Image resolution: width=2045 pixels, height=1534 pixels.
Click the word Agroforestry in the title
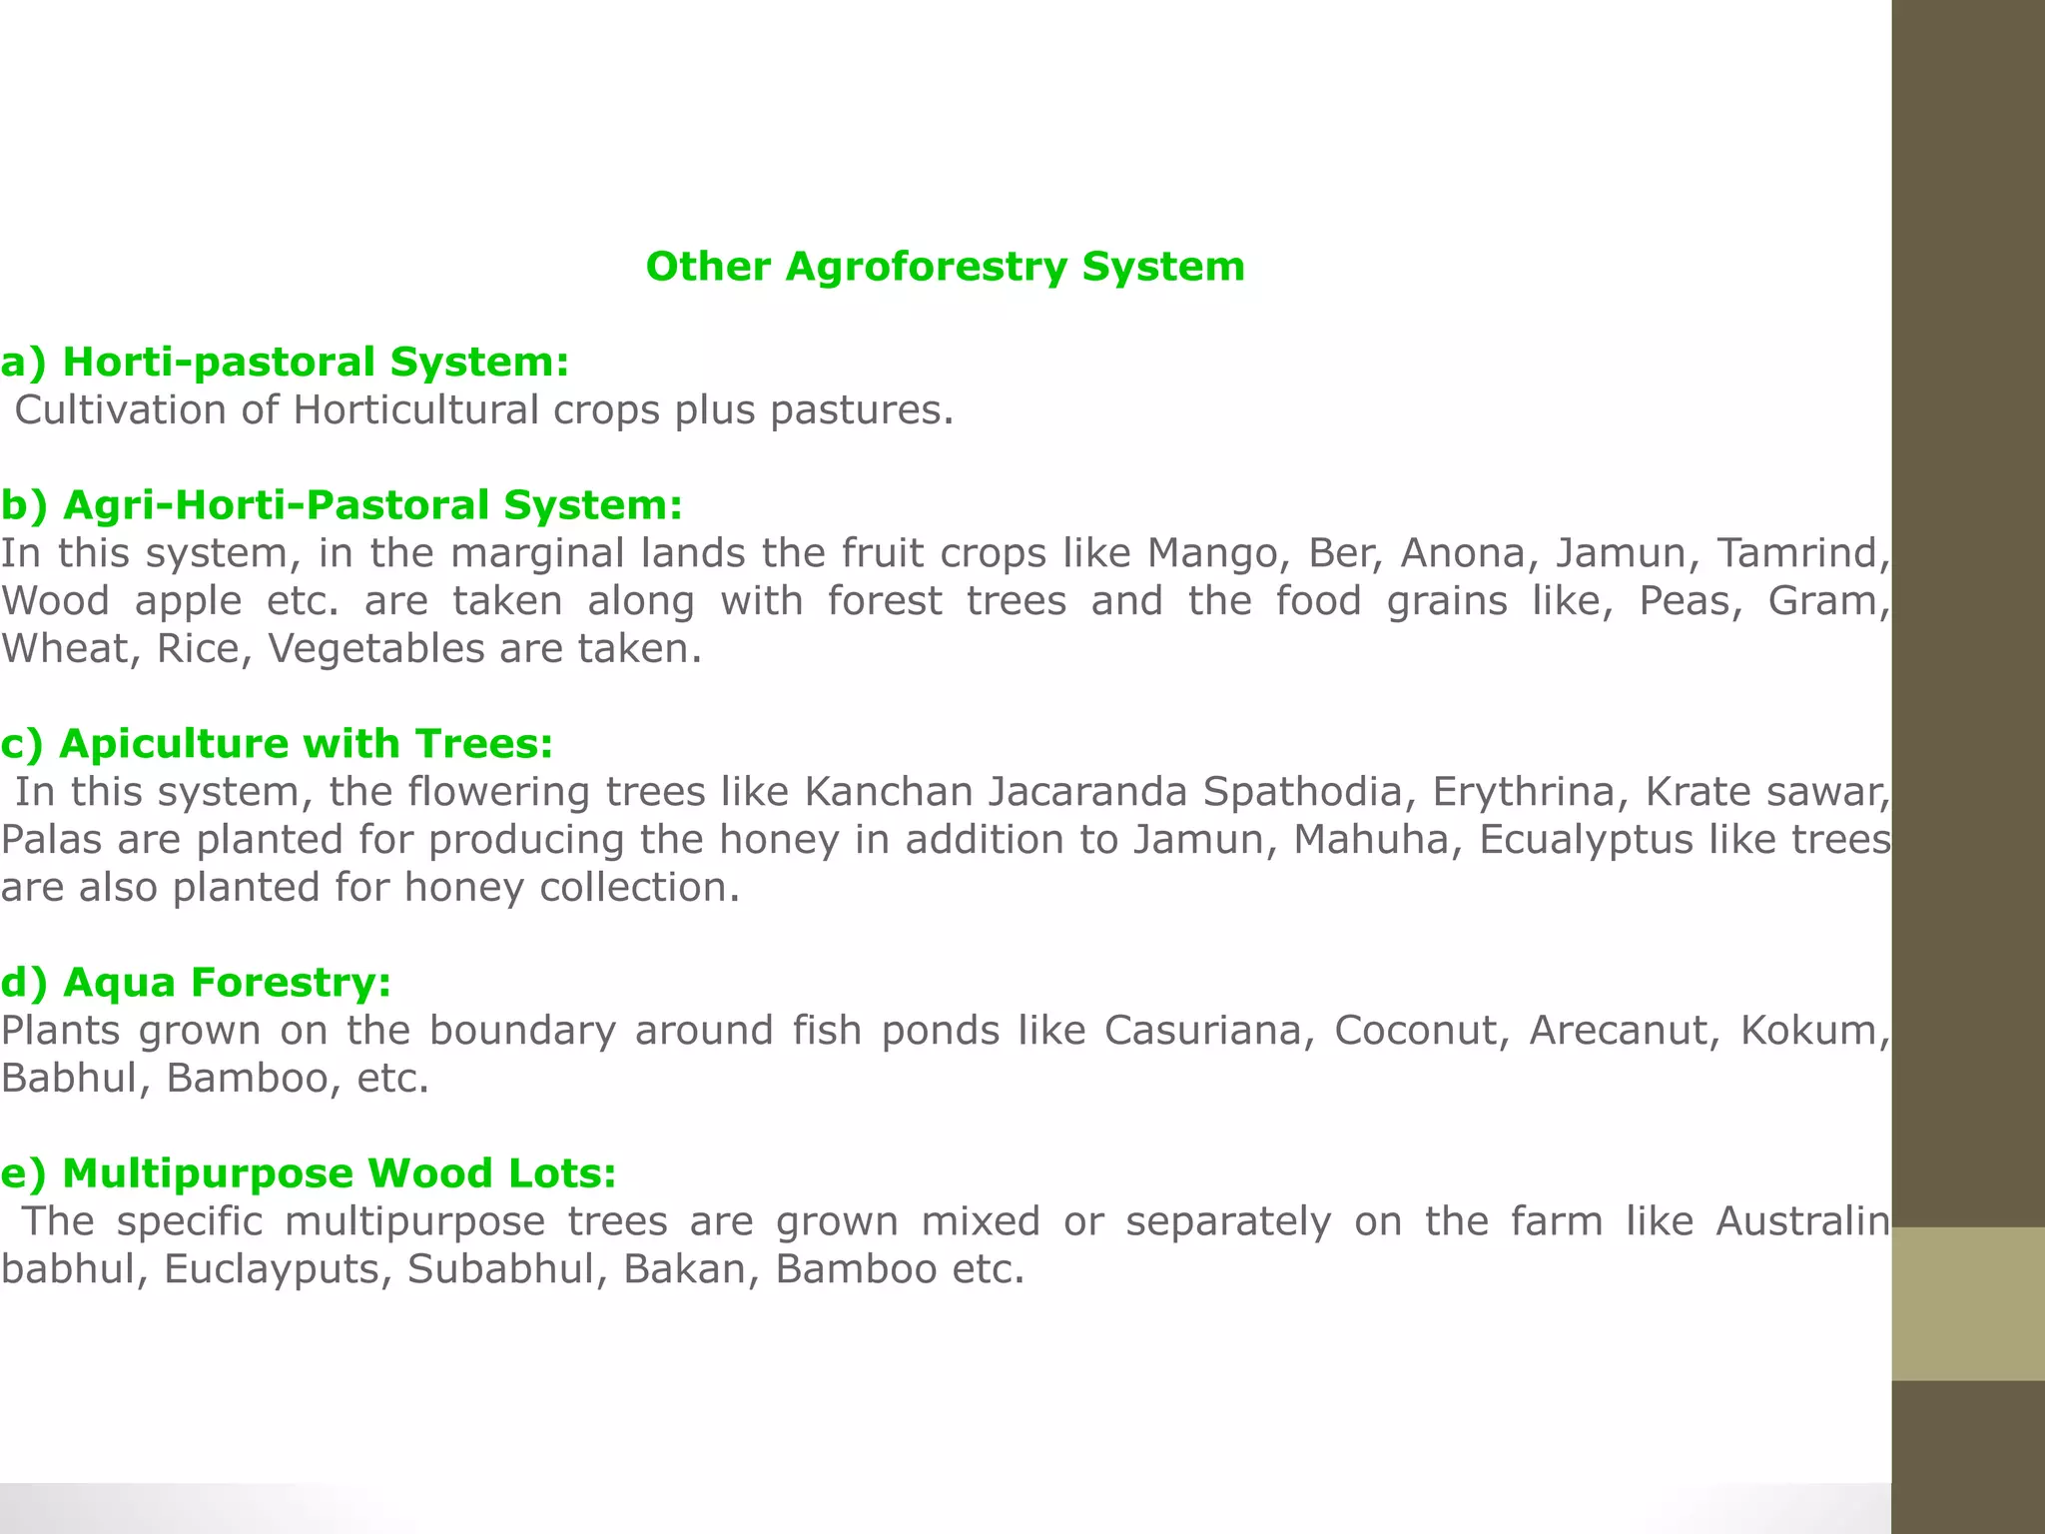[x=927, y=268]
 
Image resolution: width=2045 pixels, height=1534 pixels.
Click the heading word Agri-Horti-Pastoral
[x=276, y=505]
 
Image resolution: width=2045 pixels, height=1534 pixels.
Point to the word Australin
[x=1802, y=1221]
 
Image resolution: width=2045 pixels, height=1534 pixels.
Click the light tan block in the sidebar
[x=1968, y=1303]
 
